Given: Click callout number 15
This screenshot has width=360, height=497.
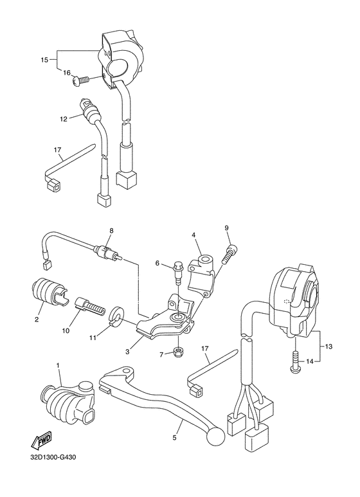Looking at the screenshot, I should (44, 60).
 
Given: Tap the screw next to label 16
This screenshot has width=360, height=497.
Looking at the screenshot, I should (82, 80).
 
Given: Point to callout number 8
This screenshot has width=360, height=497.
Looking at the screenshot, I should (111, 231).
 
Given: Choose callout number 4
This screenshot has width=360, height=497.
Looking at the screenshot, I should (193, 235).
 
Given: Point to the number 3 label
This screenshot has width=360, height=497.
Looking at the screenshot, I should (127, 352).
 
